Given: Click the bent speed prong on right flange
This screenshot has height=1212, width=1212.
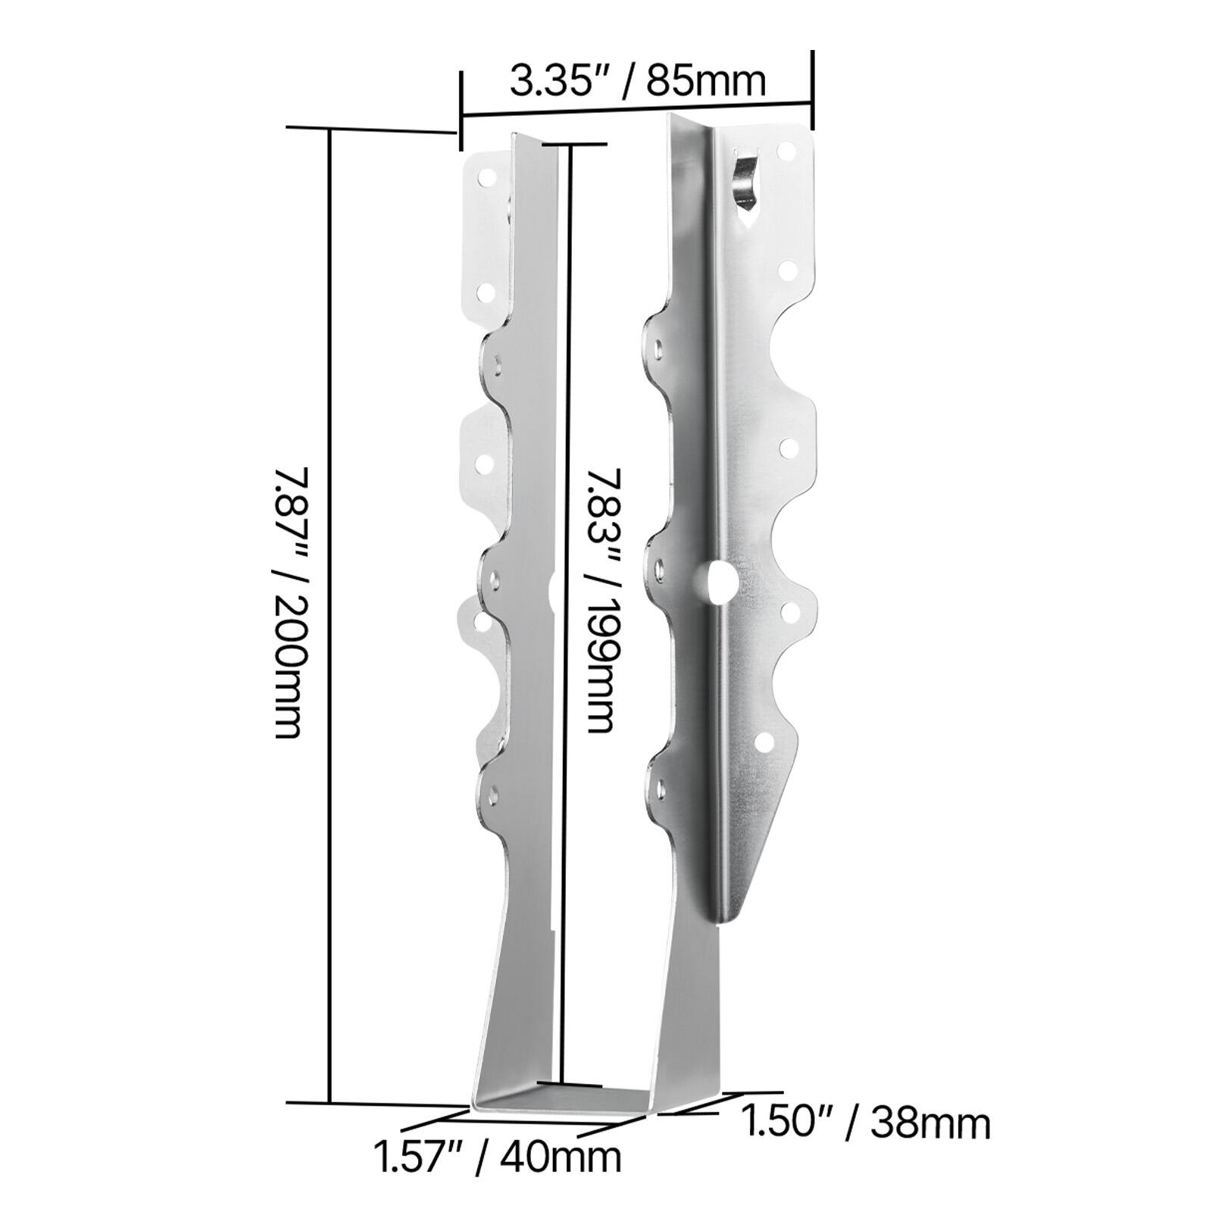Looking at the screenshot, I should [x=746, y=181].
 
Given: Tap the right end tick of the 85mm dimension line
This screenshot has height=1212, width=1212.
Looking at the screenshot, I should [x=813, y=89].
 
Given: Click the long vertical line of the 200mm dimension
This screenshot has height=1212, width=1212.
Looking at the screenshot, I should [x=330, y=606].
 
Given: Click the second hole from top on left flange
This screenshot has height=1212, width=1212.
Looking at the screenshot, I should [x=485, y=291].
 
